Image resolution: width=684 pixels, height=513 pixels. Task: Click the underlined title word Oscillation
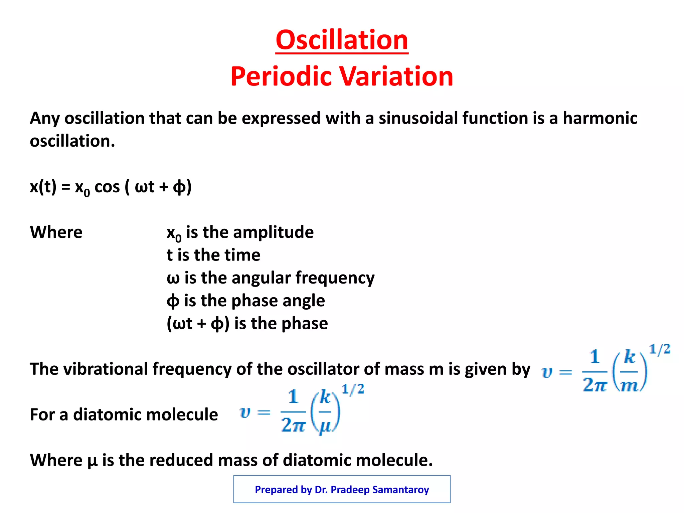(x=342, y=40)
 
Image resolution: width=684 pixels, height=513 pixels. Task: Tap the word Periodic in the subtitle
(x=282, y=76)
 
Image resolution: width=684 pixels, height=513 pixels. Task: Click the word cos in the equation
(x=107, y=187)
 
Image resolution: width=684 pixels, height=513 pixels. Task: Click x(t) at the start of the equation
(x=43, y=187)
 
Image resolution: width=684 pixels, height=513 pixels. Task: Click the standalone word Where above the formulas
(x=56, y=232)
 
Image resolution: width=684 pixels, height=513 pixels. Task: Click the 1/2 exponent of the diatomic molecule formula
(x=353, y=390)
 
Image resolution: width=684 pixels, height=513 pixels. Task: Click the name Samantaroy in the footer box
(x=400, y=490)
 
